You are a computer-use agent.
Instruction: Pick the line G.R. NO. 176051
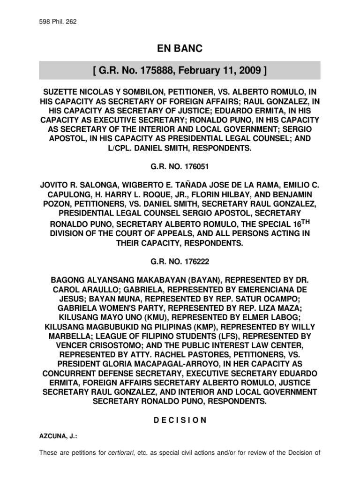(180, 168)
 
